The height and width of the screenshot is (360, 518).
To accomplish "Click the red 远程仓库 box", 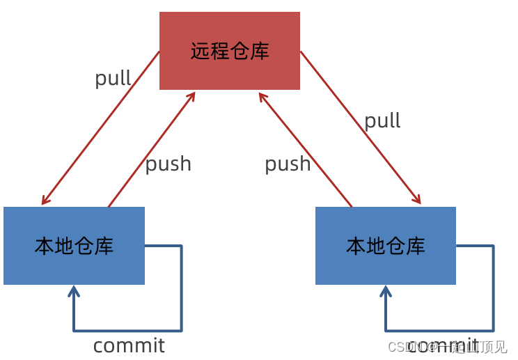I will click(230, 51).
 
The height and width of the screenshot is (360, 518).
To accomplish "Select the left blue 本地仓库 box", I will click(74, 246).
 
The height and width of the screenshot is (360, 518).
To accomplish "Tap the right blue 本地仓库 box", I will click(386, 246).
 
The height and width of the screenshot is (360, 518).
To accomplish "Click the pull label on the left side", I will click(113, 78).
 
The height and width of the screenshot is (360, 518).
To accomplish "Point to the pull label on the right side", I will click(382, 120).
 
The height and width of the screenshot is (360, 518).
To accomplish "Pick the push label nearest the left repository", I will click(168, 164).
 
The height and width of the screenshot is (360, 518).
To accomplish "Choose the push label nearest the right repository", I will click(288, 164).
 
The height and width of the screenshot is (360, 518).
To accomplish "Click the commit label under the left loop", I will click(129, 345).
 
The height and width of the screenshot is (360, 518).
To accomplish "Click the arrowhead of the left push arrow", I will click(192, 95).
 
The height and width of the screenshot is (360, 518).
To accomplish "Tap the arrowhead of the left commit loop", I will click(74, 290).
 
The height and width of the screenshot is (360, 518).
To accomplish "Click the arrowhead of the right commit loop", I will click(386, 290).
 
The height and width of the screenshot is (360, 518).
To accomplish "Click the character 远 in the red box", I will click(201, 51).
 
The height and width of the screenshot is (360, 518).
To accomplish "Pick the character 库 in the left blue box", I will click(104, 246).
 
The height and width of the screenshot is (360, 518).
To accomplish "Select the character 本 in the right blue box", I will click(356, 246).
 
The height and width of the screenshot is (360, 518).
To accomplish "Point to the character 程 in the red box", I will click(220, 51).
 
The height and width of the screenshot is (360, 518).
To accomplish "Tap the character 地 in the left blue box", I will click(64, 246).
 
